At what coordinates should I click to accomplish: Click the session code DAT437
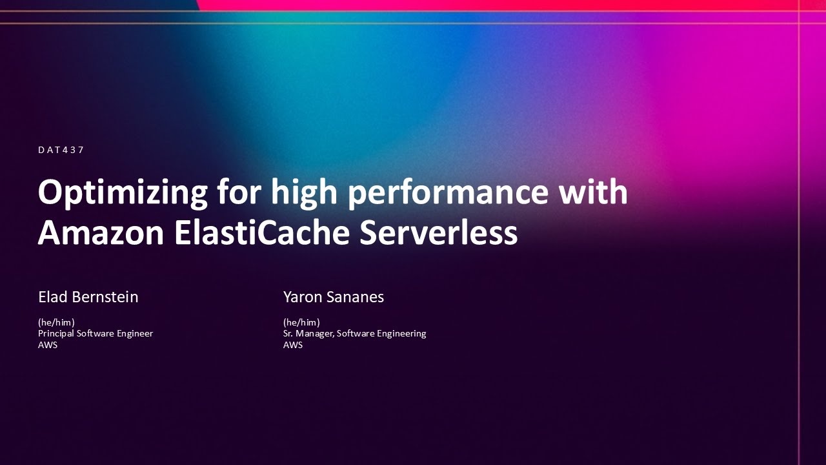[x=61, y=150]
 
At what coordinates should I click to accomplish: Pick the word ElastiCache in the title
[x=261, y=232]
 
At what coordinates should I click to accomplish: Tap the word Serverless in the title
[x=439, y=232]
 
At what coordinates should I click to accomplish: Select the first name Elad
[x=52, y=297]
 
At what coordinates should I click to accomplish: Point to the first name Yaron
[x=301, y=297]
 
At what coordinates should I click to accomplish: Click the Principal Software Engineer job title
[x=96, y=333]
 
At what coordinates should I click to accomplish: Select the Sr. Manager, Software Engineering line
[x=354, y=333]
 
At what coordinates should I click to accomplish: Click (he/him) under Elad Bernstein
[x=56, y=322]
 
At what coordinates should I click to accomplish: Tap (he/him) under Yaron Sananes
[x=301, y=322]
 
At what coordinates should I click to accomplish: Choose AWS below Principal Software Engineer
[x=48, y=345]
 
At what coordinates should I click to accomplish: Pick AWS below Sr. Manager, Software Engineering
[x=293, y=345]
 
